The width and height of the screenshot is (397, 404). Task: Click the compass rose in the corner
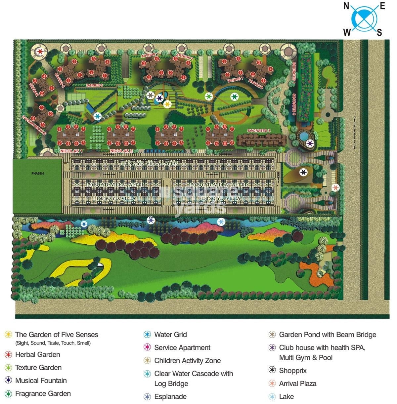pos(364,19)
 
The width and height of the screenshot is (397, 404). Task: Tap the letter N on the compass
pos(346,6)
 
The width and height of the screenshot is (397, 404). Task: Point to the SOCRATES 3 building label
pos(259,131)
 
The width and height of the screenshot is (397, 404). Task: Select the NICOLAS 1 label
pos(71,151)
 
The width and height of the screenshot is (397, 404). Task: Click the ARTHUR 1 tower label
pos(149,55)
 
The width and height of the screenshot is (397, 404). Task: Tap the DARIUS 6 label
pos(95,85)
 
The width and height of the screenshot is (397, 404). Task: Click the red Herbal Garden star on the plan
pos(40,52)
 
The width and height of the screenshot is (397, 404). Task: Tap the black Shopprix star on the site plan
pos(303,172)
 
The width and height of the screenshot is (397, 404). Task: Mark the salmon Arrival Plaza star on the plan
pos(335,187)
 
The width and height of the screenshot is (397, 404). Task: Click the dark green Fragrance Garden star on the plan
pos(234,97)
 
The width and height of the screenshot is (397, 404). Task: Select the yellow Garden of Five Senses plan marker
pos(167,104)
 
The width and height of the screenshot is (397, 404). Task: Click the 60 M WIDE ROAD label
pos(354,132)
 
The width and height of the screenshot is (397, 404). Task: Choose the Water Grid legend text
pos(170,335)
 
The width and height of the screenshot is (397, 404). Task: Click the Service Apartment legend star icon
pos(147,347)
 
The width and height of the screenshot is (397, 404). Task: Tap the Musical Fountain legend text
pos(41,381)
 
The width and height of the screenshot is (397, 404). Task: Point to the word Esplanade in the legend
pos(170,396)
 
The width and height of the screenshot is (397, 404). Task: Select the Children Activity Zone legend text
pos(187,360)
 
